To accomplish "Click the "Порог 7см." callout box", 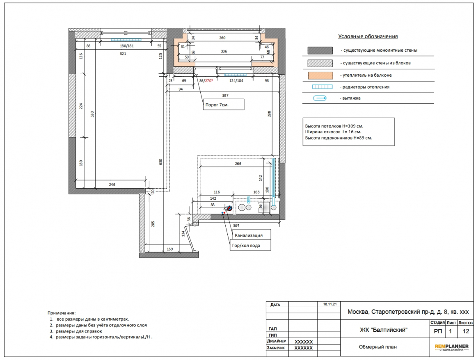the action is point(223,104).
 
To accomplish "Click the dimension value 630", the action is point(160,162).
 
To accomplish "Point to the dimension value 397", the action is point(225,95).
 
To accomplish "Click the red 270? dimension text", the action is point(209,81).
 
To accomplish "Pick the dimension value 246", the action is point(112,185).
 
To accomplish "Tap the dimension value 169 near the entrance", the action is point(170,249).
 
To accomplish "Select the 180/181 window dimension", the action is point(127,46).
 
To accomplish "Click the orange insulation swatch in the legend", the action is point(320,75).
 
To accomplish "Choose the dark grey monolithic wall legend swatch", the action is point(320,50).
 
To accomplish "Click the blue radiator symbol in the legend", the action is point(323,87).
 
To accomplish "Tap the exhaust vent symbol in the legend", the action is point(320,98).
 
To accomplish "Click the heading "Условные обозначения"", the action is point(368,36).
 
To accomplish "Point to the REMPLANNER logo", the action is point(451,347).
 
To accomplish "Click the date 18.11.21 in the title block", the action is point(330,304).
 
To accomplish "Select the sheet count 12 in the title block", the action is point(466,331).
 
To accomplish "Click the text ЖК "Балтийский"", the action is point(383,330).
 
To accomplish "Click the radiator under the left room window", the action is point(126,40).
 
